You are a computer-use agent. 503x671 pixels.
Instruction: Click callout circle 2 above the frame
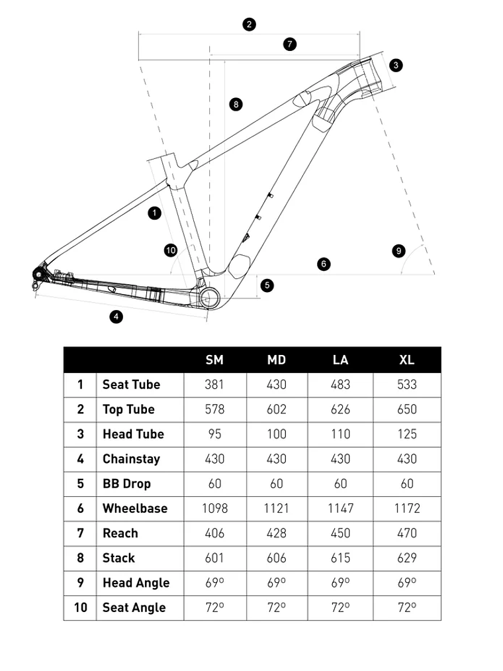(x=249, y=25)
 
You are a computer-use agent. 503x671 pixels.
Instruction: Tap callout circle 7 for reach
(x=289, y=44)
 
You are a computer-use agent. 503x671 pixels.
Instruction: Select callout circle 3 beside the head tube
(x=395, y=65)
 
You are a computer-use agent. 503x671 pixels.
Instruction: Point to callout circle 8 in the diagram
(x=235, y=104)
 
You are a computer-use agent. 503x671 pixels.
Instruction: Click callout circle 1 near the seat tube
(x=154, y=213)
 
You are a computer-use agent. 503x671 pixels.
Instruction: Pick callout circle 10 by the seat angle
(x=171, y=250)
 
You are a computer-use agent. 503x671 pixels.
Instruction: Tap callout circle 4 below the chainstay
(x=116, y=317)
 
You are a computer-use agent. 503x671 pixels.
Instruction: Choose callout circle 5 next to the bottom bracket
(x=267, y=285)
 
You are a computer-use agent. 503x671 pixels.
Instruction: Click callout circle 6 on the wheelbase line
(x=323, y=264)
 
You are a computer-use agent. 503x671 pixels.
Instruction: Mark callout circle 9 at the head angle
(x=398, y=250)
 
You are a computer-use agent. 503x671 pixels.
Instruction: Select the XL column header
(x=407, y=360)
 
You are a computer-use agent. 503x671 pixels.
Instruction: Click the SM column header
(x=214, y=360)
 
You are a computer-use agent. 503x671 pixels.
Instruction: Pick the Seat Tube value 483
(x=340, y=385)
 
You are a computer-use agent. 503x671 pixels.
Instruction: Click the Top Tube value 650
(x=407, y=409)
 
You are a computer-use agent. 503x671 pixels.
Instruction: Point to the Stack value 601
(x=214, y=558)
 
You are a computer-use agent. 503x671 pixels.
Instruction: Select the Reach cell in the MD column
(x=277, y=533)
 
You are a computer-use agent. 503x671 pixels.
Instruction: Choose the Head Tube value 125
(x=407, y=435)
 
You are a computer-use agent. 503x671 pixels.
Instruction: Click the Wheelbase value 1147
(x=340, y=509)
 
